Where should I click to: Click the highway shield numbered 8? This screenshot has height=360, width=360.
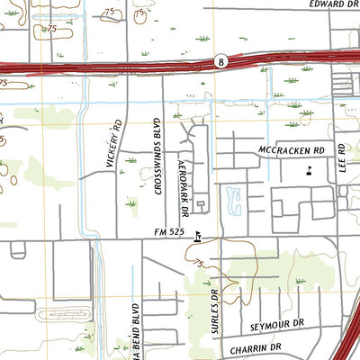pos(220,61)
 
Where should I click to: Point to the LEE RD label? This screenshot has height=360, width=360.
pos(342,158)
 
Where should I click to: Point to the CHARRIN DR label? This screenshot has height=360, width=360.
pos(256,346)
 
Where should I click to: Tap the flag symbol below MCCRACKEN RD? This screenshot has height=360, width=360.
pos(310,169)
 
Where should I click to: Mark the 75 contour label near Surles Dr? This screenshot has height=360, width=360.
pos(197,262)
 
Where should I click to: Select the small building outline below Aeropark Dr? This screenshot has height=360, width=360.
pos(202,206)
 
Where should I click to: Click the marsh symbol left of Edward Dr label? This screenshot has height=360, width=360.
pos(203,39)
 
